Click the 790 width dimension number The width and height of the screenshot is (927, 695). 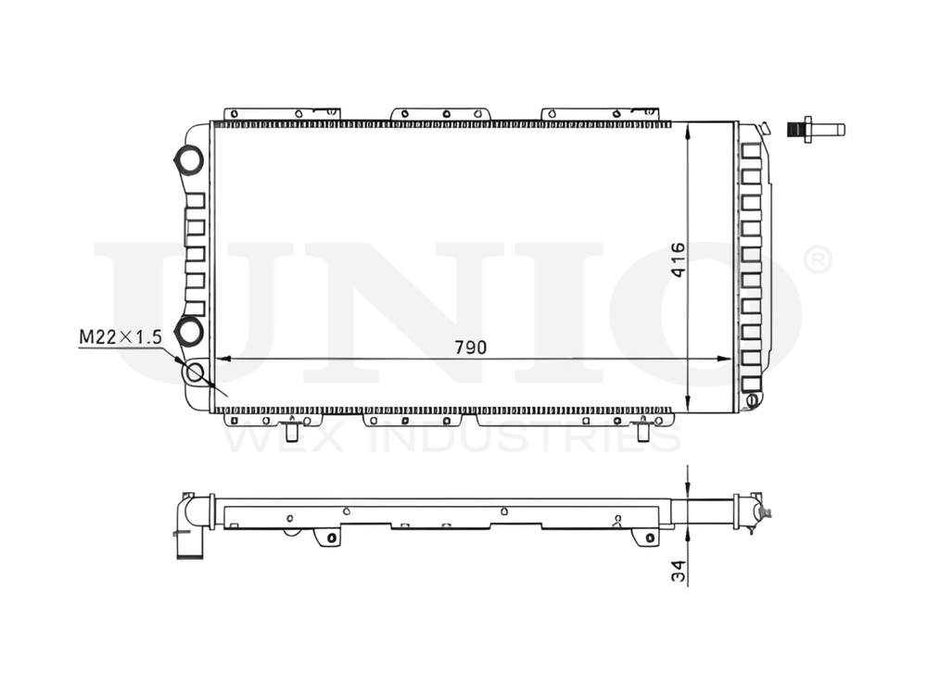click(x=470, y=347)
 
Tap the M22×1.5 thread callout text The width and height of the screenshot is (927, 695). click(x=120, y=337)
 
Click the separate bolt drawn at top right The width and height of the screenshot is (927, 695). click(x=815, y=129)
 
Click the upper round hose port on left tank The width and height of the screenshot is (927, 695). click(x=189, y=159)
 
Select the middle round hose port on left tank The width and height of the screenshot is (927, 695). click(x=190, y=329)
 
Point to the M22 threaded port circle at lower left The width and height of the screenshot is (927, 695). click(x=195, y=373)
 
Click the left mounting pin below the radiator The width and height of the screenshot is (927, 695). click(x=292, y=431)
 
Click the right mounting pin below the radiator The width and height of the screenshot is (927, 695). click(x=642, y=431)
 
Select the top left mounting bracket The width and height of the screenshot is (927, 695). click(x=278, y=114)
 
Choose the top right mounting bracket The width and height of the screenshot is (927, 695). click(x=600, y=114)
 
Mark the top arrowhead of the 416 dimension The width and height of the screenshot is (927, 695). click(x=687, y=130)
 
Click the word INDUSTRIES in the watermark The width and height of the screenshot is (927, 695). click(x=524, y=437)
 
